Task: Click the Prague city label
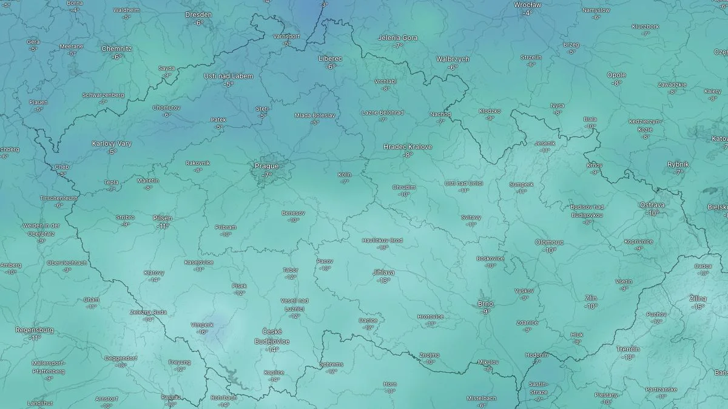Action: point(266,166)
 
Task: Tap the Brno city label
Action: point(485,303)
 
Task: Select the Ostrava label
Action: point(652,205)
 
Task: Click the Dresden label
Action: point(198,15)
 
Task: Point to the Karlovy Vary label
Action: point(112,144)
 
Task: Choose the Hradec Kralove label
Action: point(408,147)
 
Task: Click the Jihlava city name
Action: point(383,272)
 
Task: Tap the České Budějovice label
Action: point(272,336)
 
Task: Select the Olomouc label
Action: point(549,242)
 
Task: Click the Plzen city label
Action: point(163,218)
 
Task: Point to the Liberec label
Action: point(331,59)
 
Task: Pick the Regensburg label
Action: point(35,330)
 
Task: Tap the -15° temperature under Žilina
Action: point(698,307)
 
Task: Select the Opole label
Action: point(616,75)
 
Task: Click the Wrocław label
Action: point(527,5)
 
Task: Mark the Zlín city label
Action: point(590,299)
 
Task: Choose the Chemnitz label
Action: point(116,49)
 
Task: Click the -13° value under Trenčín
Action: point(627,357)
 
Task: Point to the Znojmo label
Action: point(430,355)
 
